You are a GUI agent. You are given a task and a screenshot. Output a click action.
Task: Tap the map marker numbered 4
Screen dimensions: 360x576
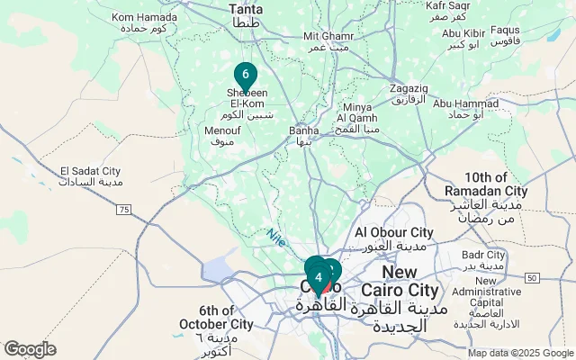pos(319,277)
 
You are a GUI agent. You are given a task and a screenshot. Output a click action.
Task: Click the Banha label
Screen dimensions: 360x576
pos(304,135)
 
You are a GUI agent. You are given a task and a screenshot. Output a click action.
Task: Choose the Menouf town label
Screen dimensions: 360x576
pos(221,136)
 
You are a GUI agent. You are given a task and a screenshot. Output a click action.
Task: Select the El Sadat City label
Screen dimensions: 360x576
pos(90,176)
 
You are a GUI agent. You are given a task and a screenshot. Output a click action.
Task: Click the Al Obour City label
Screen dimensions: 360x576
pos(394,238)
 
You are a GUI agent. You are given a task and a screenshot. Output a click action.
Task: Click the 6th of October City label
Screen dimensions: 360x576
pos(215,323)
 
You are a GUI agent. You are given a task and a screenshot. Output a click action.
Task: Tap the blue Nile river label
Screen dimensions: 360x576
pos(275,238)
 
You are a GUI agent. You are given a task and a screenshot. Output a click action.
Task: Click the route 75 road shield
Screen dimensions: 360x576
pos(124,210)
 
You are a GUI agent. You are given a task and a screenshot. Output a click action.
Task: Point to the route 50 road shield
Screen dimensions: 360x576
pos(533,277)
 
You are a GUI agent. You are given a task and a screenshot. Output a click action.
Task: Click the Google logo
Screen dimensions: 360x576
pos(30,349)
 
